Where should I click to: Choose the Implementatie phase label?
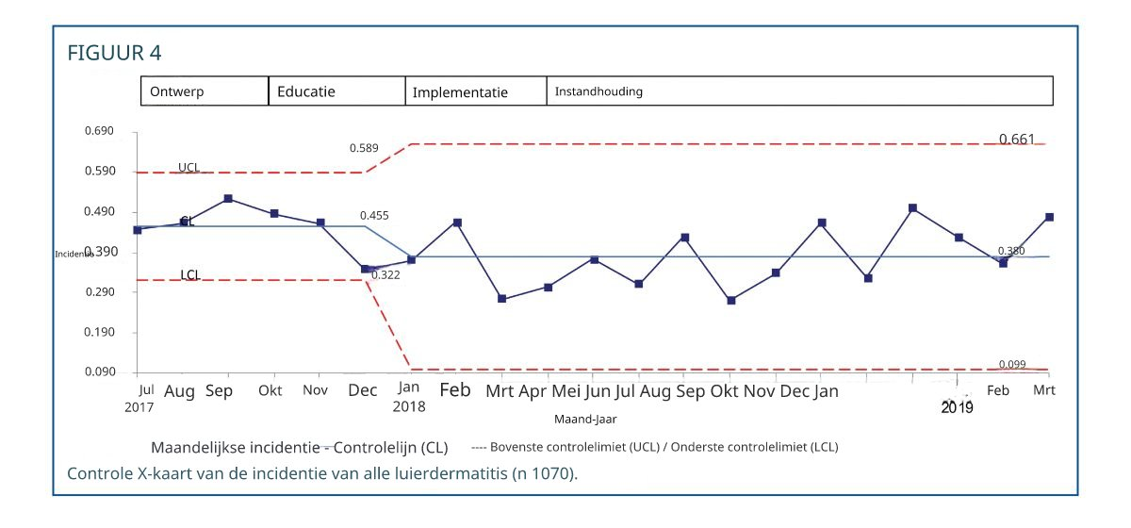pyautogui.click(x=460, y=92)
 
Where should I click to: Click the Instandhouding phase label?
pyautogui.click(x=598, y=92)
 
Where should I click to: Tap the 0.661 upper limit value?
pyautogui.click(x=1017, y=140)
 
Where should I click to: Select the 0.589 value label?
pyautogui.click(x=364, y=148)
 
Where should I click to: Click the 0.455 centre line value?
pyautogui.click(x=374, y=216)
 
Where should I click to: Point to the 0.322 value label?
pyautogui.click(x=385, y=274)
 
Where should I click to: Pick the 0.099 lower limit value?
pyautogui.click(x=1011, y=364)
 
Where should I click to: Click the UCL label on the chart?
pyautogui.click(x=188, y=167)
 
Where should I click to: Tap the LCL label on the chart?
pyautogui.click(x=189, y=275)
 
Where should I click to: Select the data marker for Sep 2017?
pyautogui.click(x=228, y=199)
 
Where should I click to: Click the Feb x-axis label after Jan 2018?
pyautogui.click(x=455, y=389)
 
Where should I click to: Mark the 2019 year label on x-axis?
pyautogui.click(x=958, y=407)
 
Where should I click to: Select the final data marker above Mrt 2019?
pyautogui.click(x=1050, y=217)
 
